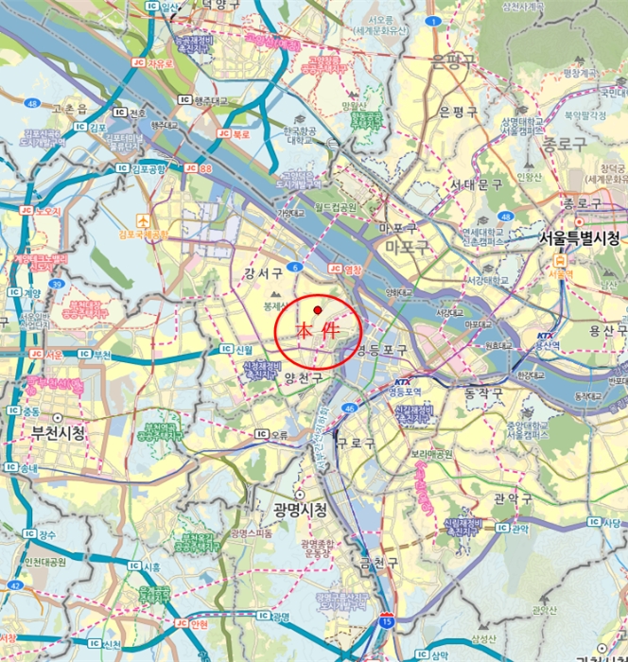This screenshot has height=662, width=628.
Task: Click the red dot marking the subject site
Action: [319, 309]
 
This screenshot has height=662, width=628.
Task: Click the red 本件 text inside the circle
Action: [317, 332]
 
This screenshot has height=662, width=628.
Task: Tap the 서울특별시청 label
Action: [578, 237]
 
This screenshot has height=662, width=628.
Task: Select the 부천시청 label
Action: [52, 431]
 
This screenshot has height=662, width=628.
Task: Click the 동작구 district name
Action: [483, 391]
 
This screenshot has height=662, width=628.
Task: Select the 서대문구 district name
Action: [476, 184]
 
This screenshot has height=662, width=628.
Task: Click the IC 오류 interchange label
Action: [270, 435]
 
